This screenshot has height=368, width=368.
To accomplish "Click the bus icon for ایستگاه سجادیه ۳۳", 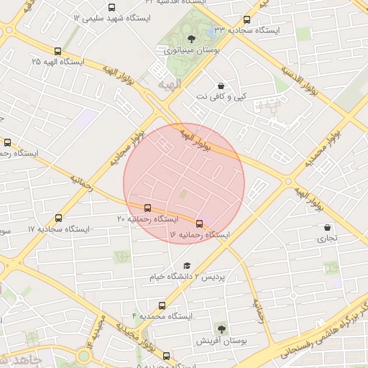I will click(247, 20).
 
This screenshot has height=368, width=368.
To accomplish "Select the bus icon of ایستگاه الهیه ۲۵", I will click(57, 51).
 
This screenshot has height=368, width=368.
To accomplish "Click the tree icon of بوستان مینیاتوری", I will click(190, 39).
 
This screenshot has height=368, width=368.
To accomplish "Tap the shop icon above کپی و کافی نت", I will click(220, 86).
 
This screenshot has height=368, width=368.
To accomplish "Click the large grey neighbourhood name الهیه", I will click(160, 85).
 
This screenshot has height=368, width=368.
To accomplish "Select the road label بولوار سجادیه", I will click(127, 149).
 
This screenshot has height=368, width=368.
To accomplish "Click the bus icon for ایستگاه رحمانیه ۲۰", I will click(148, 207).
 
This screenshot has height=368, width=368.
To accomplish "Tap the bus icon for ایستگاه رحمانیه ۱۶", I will click(199, 223).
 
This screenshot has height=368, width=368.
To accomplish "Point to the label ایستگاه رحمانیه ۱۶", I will click(199, 235).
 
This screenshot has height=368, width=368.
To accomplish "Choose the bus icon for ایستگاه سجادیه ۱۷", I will click(58, 218).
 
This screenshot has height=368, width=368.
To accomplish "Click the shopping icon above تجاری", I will click(327, 227).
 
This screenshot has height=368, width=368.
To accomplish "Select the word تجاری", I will click(327, 238).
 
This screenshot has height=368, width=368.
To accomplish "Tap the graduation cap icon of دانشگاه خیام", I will click(187, 265).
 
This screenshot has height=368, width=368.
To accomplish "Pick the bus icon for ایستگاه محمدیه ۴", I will click(160, 305).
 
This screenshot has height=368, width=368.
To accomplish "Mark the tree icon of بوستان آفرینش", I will click(221, 329).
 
